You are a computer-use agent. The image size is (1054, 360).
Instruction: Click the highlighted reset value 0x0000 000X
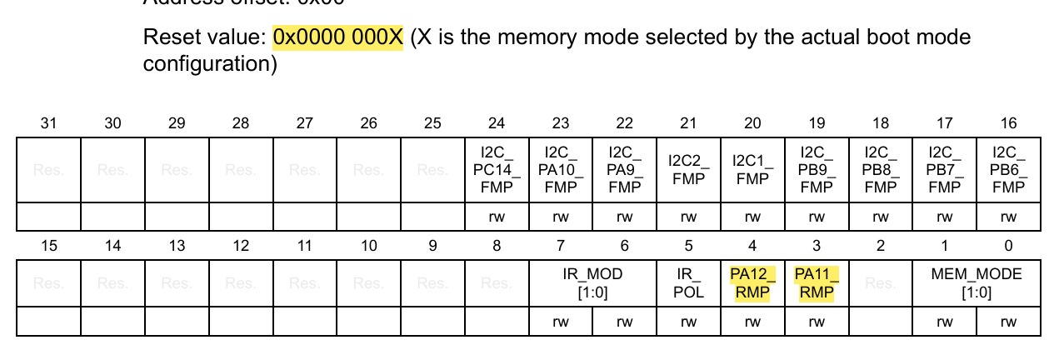[337, 38]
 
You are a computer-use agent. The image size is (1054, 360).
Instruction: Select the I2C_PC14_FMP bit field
[497, 170]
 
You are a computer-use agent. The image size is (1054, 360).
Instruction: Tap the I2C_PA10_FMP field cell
[561, 170]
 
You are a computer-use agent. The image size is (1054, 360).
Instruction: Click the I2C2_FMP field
[688, 170]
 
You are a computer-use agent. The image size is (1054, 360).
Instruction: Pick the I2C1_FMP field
[752, 170]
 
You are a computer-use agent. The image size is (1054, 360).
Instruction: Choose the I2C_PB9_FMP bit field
[817, 170]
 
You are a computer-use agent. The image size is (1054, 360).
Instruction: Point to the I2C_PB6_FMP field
[1009, 170]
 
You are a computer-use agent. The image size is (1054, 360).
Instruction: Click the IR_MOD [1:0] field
[592, 283]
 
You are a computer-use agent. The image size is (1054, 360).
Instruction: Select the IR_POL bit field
[688, 283]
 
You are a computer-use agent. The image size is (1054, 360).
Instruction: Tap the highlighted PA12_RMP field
[752, 283]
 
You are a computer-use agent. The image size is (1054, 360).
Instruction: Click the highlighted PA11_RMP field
[817, 283]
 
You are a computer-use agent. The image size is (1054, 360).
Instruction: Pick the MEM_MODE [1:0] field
[977, 283]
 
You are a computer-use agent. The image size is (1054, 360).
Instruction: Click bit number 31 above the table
[49, 123]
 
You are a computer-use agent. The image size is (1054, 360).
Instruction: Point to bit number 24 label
[497, 123]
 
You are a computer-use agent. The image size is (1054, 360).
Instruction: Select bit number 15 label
[49, 246]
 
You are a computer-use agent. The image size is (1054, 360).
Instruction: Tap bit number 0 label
[1009, 246]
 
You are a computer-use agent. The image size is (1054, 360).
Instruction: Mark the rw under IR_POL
[688, 322]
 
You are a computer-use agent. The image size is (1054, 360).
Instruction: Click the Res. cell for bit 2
[881, 283]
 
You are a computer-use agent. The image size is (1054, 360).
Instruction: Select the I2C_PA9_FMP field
[624, 170]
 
